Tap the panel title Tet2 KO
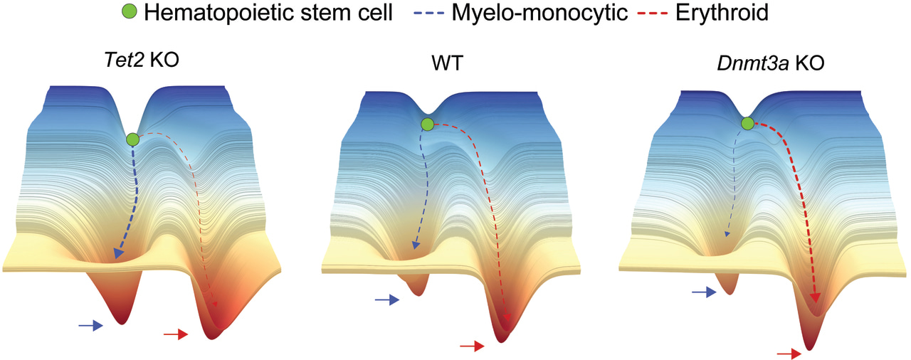coord(140,60)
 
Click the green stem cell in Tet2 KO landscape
coord(132,139)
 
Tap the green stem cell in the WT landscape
coord(427,125)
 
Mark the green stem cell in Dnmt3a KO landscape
coord(747,125)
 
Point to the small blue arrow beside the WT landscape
coord(386,301)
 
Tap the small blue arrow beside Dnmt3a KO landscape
coord(704,292)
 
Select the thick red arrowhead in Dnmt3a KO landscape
coord(816,297)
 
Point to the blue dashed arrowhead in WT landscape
coord(414,247)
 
